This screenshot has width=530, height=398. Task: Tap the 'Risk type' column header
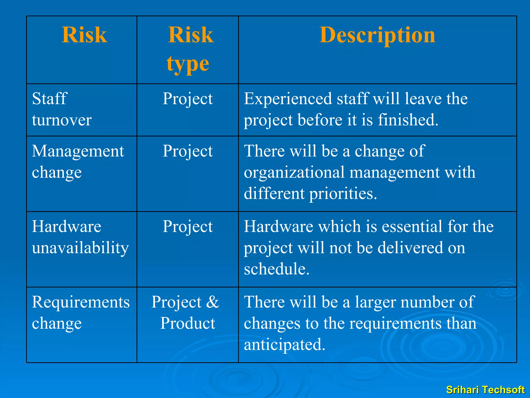pos(189,49)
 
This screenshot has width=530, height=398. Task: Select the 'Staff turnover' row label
pos(62,109)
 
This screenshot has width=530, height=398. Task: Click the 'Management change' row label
pos(78,161)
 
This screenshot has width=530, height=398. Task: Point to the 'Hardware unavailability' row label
pos(80,237)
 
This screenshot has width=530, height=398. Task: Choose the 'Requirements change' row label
pos(80,312)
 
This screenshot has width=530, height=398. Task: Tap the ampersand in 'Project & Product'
pos(213,302)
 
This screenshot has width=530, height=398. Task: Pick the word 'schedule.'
pos(277,269)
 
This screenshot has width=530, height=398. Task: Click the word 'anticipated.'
pos(284,345)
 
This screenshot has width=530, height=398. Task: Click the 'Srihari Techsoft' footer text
pos(485,390)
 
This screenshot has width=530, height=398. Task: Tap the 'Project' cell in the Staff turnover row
pos(188,99)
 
